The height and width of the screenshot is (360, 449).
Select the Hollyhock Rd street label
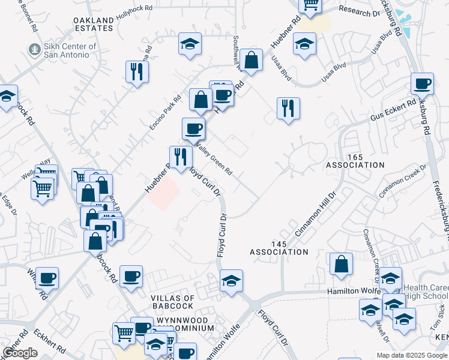click(x=134, y=14)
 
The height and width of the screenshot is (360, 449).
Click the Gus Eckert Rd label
click(x=393, y=110)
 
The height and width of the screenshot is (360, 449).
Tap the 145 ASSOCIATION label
click(x=281, y=248)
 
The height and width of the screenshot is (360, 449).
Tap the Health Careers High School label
click(x=425, y=292)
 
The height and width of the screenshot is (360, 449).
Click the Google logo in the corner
click(x=20, y=353)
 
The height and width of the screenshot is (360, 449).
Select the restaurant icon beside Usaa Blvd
click(x=288, y=109)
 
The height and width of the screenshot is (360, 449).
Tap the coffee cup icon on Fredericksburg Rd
click(x=422, y=84)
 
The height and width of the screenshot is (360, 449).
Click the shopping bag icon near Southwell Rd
click(x=253, y=59)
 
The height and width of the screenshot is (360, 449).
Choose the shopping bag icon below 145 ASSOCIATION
click(x=341, y=264)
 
